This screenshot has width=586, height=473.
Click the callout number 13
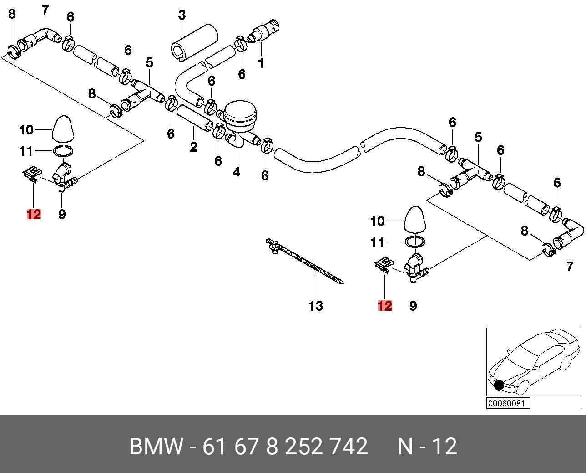pos(315,306)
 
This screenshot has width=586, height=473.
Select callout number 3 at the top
pos(182,15)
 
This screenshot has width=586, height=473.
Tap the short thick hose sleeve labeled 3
pos(194,44)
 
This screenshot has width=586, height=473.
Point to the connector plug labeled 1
pos(266,31)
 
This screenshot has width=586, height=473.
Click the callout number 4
pos(237,172)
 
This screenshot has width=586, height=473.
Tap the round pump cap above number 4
pos(241,112)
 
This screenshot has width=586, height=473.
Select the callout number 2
pos(194,147)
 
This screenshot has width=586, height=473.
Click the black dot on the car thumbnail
pos(499,385)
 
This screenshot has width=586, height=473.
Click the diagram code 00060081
pos(509,404)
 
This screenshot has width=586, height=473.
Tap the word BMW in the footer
pos(157,447)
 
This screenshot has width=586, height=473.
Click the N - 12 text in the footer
pos(427,447)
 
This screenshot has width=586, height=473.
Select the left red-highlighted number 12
pos(34,214)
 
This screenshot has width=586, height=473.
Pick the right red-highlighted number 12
pos(384,306)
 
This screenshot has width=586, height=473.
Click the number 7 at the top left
pos(45,9)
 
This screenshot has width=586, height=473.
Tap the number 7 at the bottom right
pos(570,267)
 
